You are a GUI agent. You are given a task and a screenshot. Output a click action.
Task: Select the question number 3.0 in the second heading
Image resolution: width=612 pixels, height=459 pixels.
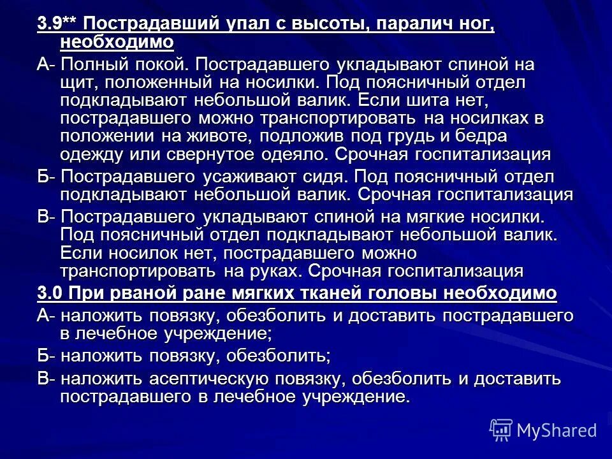pos(50,293)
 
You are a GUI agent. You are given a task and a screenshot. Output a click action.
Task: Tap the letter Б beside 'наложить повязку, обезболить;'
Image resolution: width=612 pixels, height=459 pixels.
pos(43,356)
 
